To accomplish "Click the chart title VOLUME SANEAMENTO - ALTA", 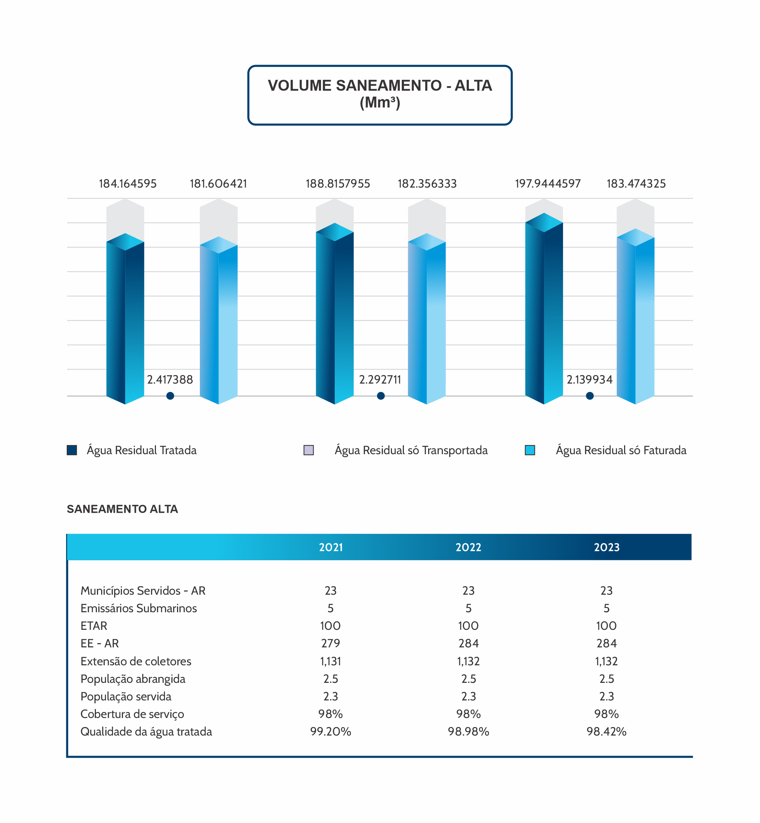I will point(380,86).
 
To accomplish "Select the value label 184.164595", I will point(127,183).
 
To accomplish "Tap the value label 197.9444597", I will point(548,183).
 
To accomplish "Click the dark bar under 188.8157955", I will point(334,317).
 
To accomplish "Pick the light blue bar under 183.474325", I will point(635,321).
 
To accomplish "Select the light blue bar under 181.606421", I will point(218,325).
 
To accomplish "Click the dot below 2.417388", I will point(170,396).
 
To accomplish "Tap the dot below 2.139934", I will point(589,396).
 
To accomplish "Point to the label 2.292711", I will point(380,379).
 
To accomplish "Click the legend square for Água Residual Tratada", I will point(72,450).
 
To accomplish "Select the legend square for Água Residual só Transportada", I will point(308,450).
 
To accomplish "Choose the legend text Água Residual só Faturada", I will point(621,450).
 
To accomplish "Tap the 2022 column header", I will point(468,547).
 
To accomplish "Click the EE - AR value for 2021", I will point(330,643).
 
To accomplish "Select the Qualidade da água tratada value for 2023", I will point(606,731).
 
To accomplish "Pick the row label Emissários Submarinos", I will point(139,608).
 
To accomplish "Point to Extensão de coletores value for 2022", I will point(468,661).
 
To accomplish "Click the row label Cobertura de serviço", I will point(132,714).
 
